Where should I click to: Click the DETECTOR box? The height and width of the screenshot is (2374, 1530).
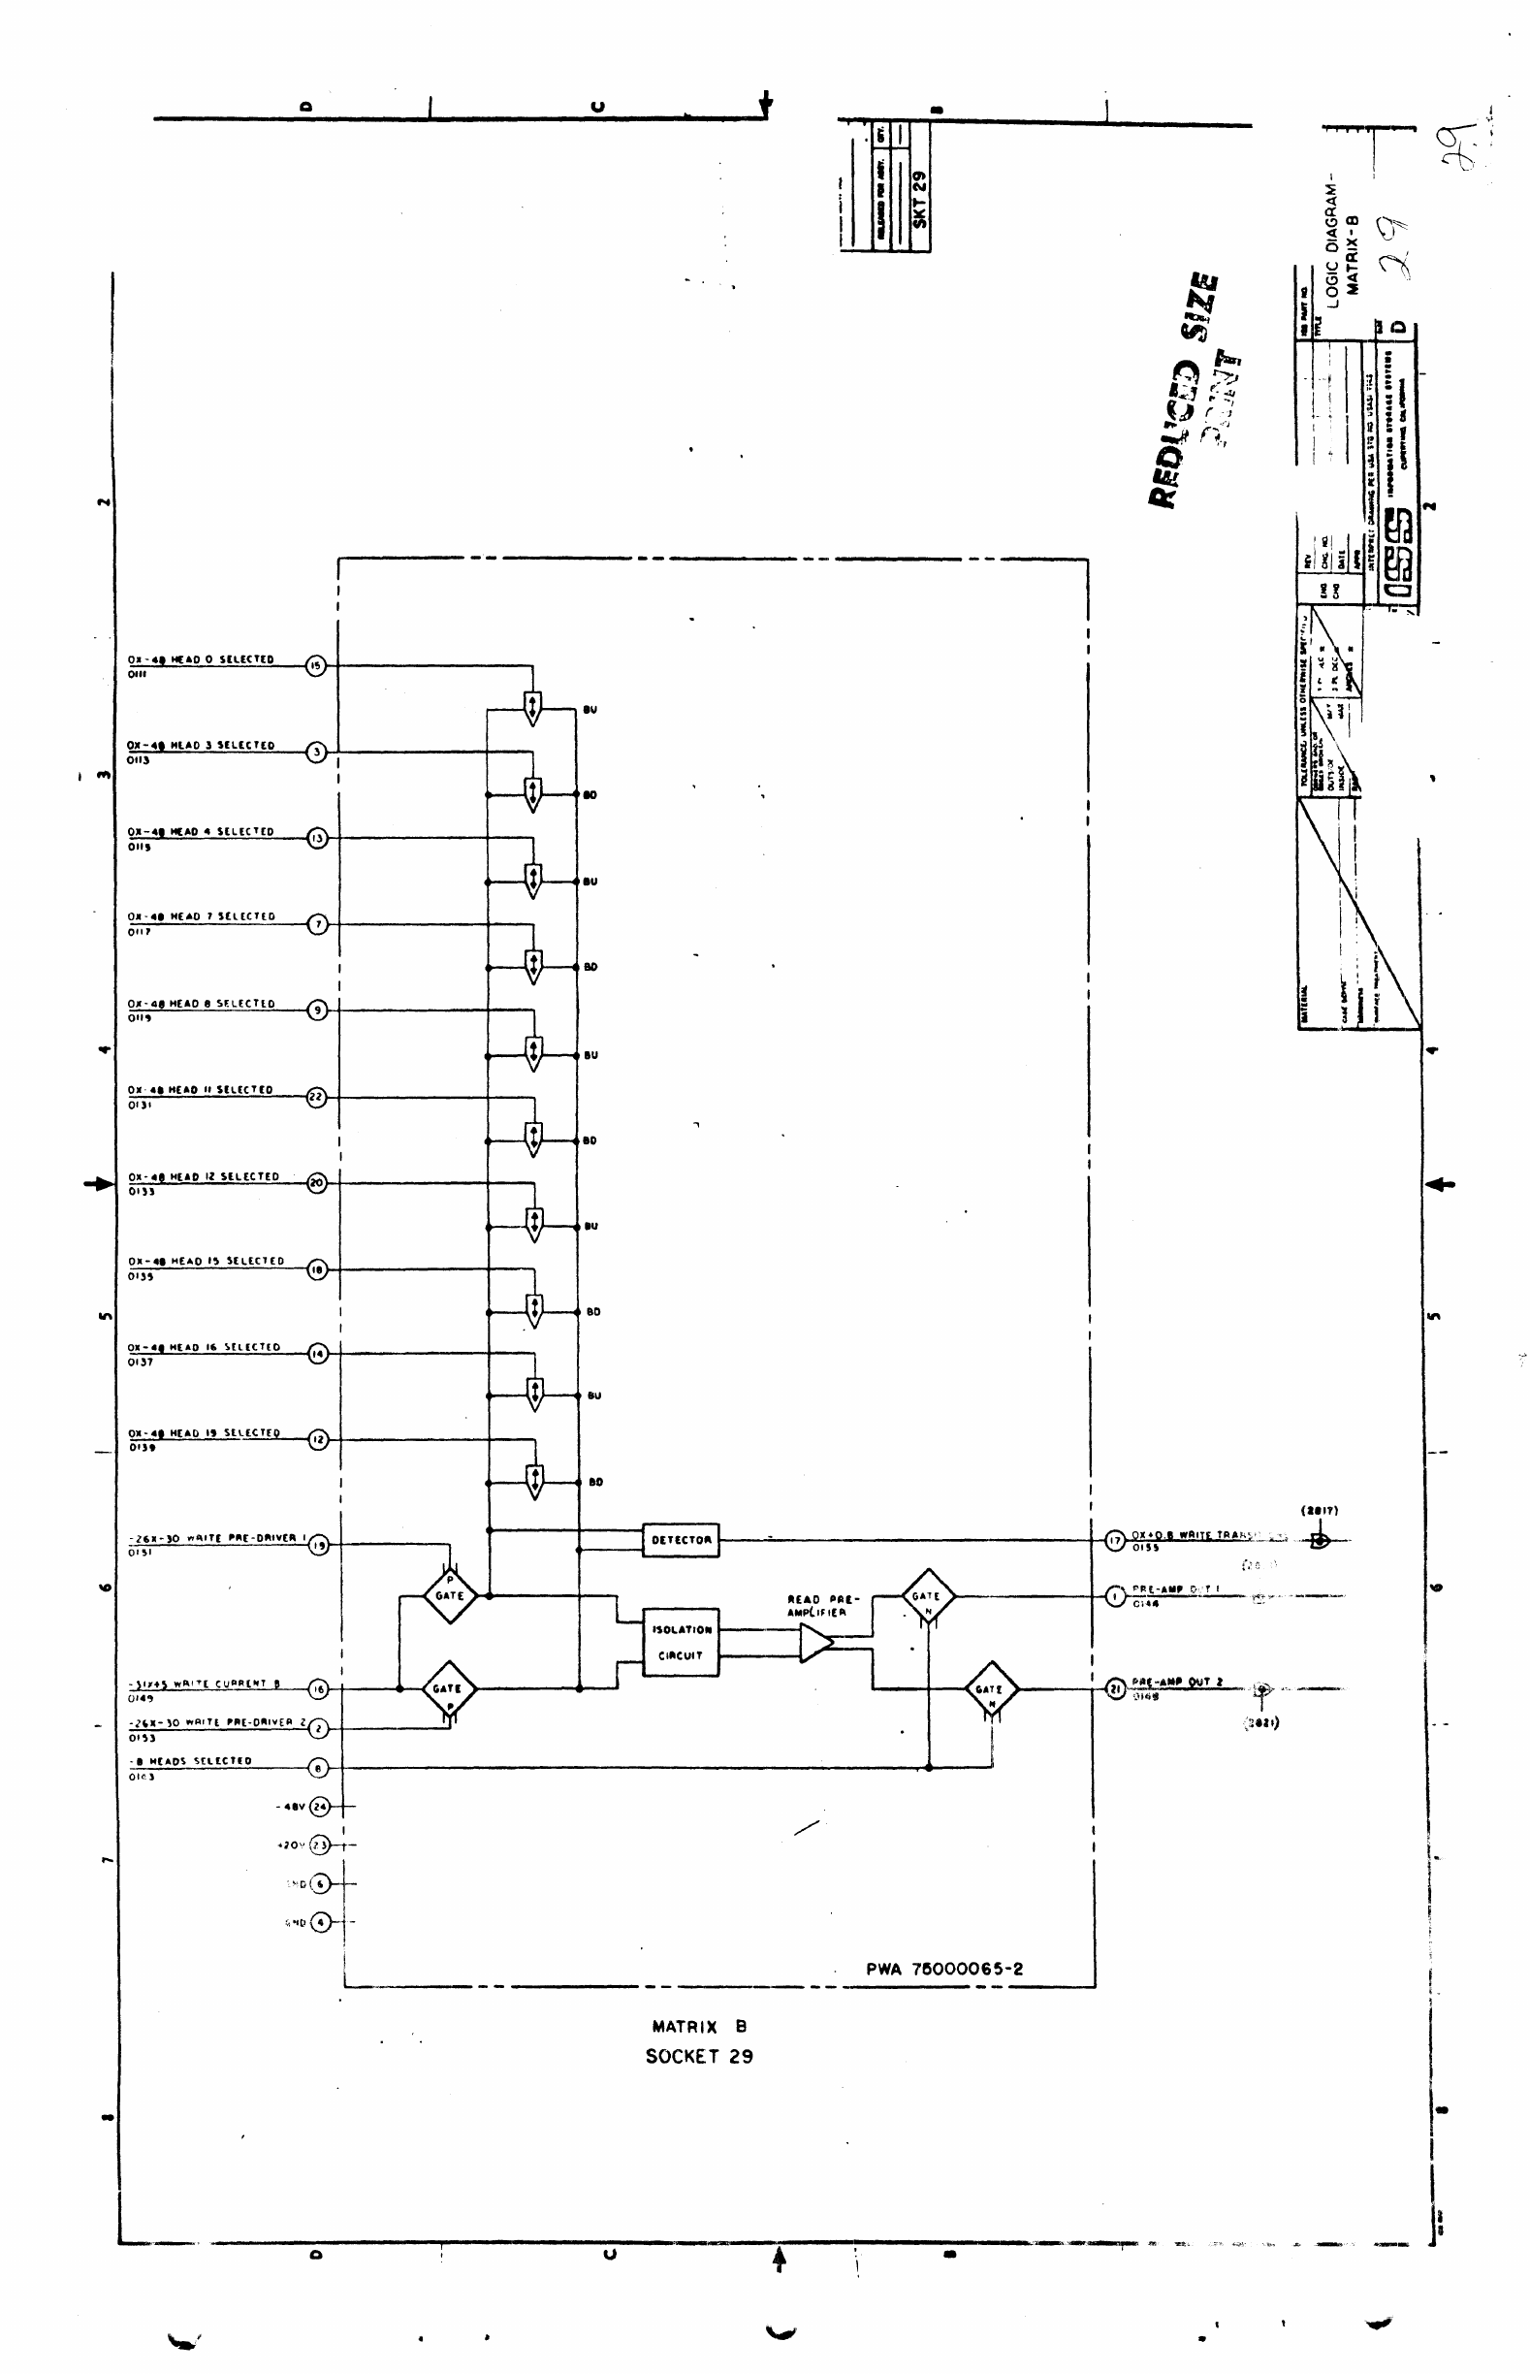pos(681,1539)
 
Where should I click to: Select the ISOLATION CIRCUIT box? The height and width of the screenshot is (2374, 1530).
pos(681,1643)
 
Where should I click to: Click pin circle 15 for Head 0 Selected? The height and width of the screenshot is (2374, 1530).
pos(316,666)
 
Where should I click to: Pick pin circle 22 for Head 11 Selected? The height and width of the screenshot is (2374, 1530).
pos(316,1097)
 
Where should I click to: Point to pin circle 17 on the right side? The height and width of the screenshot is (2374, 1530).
pos(1115,1540)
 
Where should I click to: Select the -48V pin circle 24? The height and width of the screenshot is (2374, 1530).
pos(320,1807)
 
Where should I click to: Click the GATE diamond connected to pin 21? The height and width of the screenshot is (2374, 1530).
pos(991,1688)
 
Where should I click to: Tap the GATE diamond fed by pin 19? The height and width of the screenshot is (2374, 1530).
pos(449,1595)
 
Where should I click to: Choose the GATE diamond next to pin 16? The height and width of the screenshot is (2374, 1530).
pos(448,1688)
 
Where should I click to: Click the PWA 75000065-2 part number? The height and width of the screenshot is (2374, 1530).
pos(943,1969)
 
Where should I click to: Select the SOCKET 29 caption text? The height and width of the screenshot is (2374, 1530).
pos(698,2056)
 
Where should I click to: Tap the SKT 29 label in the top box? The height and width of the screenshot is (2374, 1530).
pos(919,199)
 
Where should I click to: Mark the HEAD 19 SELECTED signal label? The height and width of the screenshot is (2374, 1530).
pos(205,1433)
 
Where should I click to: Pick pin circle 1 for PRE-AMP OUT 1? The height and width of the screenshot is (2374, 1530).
pos(1115,1596)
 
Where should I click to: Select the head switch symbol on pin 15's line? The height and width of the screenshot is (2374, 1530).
pos(532,709)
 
